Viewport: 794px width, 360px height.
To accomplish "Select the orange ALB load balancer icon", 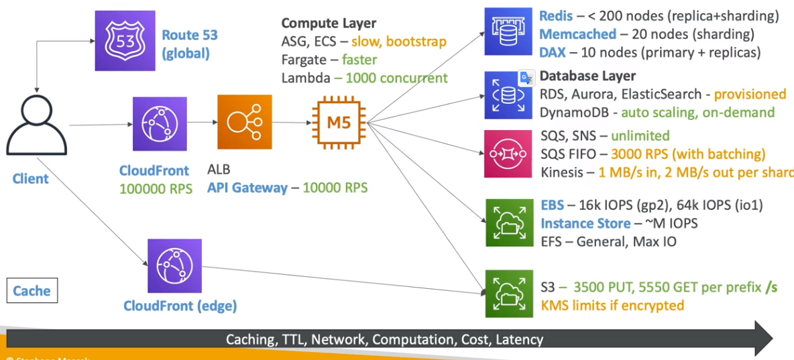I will tap(245, 123).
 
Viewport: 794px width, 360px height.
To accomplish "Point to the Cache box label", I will tap(32, 291).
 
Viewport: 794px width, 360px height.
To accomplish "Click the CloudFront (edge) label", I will tap(180, 306).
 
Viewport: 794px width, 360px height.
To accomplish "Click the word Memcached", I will tap(577, 34).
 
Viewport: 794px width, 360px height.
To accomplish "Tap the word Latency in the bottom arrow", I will tap(519, 339).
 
